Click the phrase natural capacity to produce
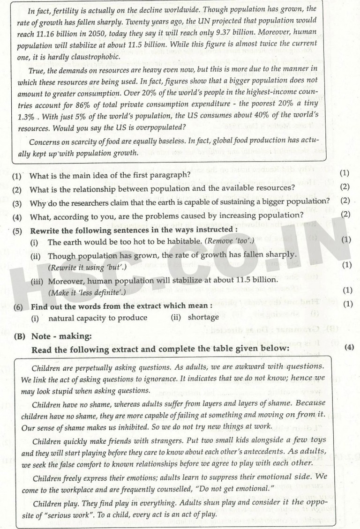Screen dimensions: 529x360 (97, 318)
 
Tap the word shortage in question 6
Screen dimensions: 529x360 (203, 318)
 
